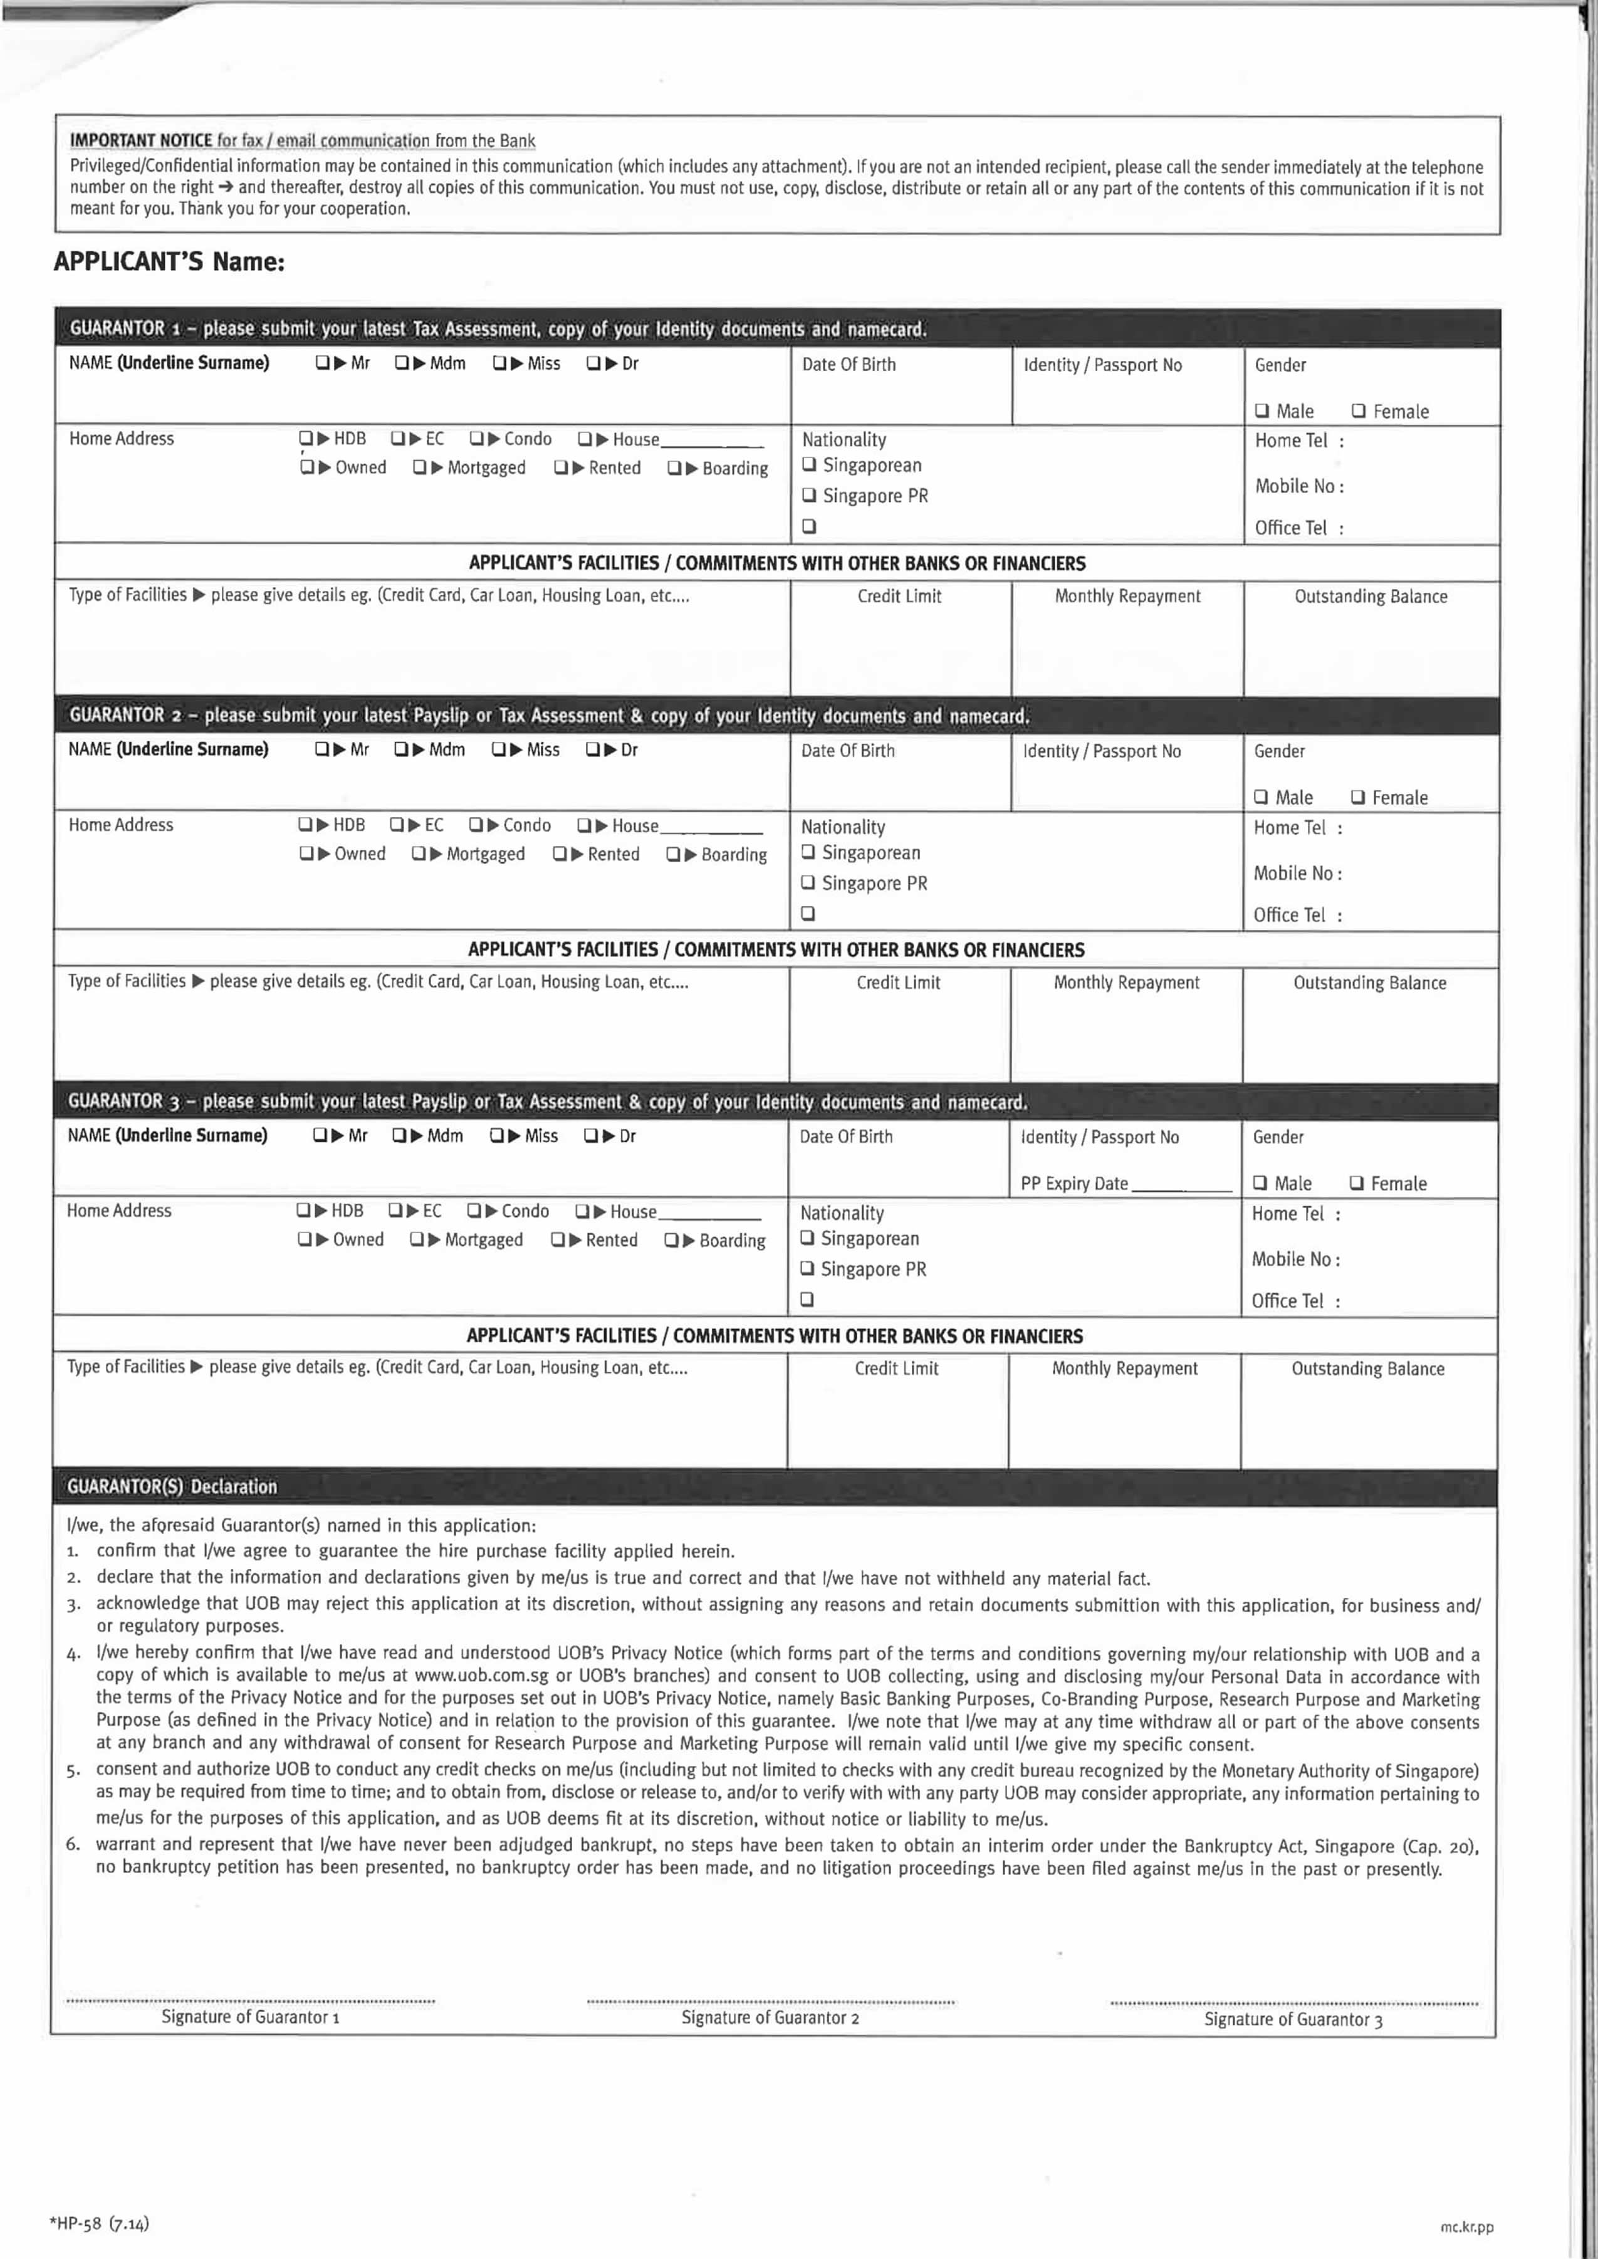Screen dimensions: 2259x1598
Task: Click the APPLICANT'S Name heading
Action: [x=169, y=262]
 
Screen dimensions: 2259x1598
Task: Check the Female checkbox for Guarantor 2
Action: [x=1357, y=797]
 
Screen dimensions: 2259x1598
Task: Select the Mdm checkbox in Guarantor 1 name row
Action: [x=402, y=363]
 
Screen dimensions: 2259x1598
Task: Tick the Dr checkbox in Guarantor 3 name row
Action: [x=590, y=1135]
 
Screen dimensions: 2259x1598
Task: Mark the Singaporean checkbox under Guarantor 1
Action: [x=809, y=464]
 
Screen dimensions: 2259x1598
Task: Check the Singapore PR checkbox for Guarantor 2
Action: [x=808, y=882]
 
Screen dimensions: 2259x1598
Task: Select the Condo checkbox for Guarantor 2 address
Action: [x=476, y=825]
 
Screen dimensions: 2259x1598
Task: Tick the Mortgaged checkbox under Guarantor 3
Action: [x=417, y=1239]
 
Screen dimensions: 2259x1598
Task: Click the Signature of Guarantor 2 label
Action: [x=770, y=2017]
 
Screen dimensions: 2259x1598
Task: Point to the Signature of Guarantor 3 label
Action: [x=1292, y=2019]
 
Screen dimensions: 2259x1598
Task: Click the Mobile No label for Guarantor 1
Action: [x=1298, y=486]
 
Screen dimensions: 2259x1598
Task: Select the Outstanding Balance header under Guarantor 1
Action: [x=1370, y=596]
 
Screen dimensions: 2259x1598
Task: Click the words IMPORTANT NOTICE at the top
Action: [x=141, y=141]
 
